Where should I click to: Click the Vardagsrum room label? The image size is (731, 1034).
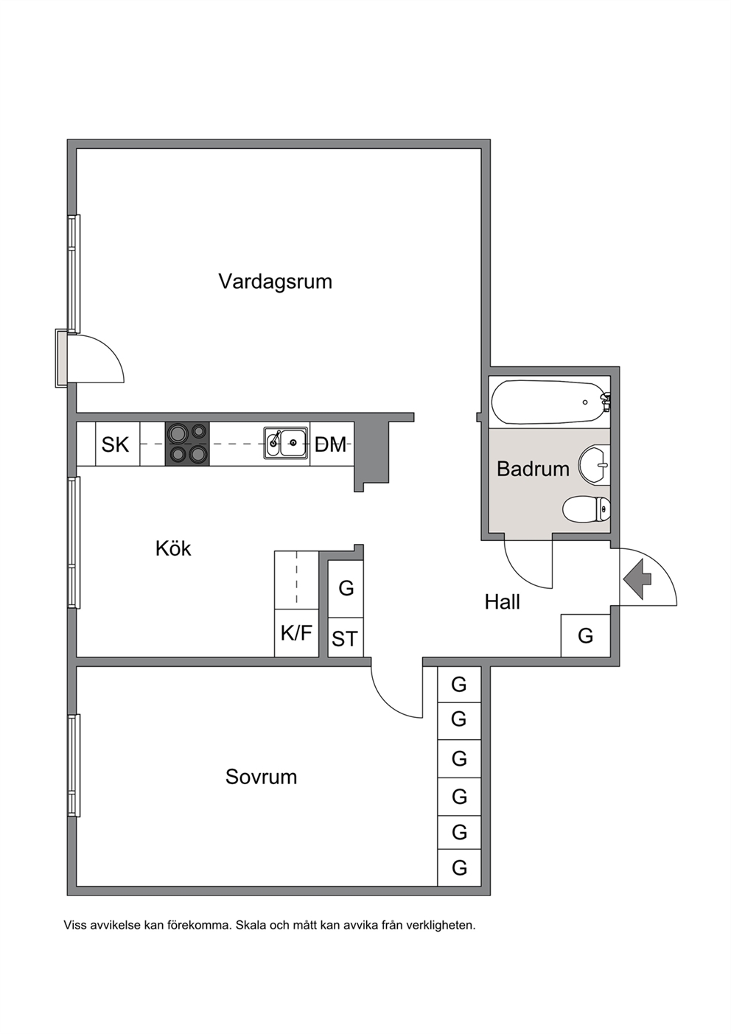(x=275, y=282)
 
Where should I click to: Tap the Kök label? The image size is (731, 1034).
(x=173, y=548)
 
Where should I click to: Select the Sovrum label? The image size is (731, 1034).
(x=261, y=777)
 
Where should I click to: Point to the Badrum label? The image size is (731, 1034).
(x=533, y=469)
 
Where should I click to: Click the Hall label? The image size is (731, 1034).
(x=502, y=602)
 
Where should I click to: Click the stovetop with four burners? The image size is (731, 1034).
(x=187, y=444)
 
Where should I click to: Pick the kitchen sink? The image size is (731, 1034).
(x=286, y=443)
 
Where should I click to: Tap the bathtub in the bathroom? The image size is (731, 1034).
(x=550, y=402)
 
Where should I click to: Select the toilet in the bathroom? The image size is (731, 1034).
(x=587, y=509)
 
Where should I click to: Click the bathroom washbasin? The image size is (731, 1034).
(x=595, y=465)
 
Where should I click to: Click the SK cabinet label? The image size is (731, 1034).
(x=115, y=444)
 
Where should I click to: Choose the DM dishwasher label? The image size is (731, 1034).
(x=330, y=444)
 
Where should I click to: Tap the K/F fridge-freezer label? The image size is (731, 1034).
(x=296, y=633)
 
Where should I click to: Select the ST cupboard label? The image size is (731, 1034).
(x=345, y=639)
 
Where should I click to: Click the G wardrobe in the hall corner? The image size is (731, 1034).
(x=585, y=635)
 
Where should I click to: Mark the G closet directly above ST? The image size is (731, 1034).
(x=346, y=589)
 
